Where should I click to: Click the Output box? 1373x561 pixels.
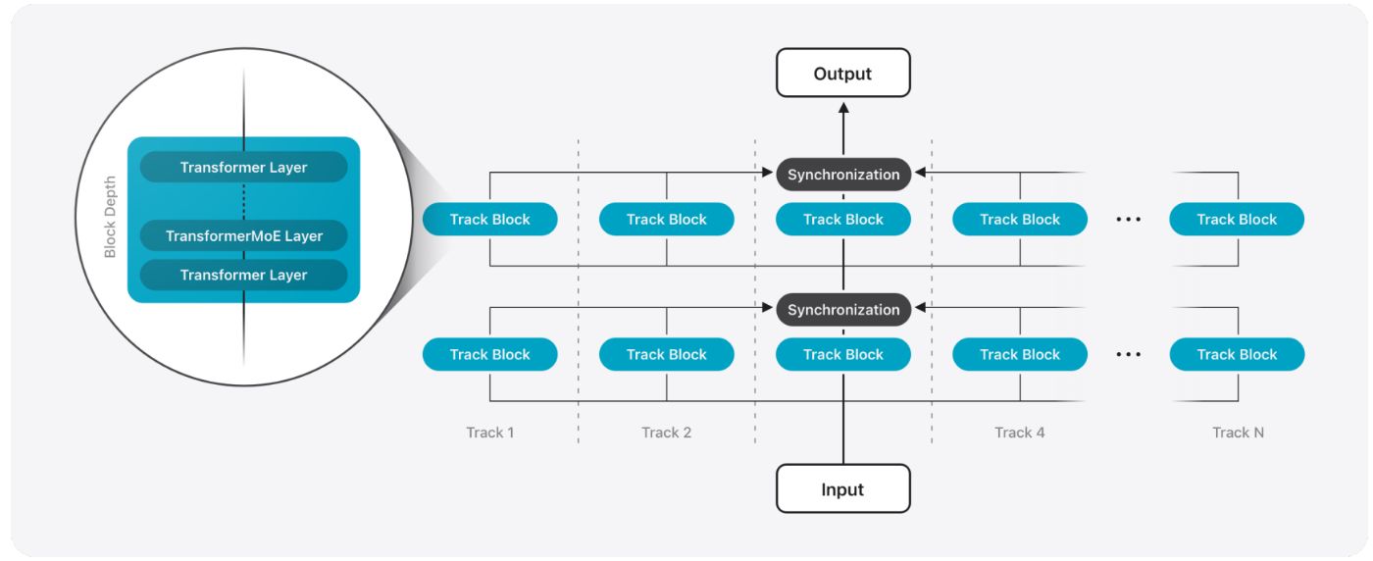coord(842,74)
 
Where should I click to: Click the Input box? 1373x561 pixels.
coord(842,488)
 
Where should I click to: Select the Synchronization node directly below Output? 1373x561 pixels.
coord(843,175)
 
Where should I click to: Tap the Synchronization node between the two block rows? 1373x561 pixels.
coord(843,310)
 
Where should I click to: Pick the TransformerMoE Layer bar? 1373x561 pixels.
coord(243,236)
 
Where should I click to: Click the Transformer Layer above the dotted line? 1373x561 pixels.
coord(243,168)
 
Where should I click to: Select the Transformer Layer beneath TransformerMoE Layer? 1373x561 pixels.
coord(243,276)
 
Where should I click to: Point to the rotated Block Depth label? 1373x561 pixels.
coord(110,218)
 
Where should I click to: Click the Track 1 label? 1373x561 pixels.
coord(490,433)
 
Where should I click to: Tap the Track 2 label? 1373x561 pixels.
coord(667,433)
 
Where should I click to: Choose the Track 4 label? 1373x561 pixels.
coord(1020,433)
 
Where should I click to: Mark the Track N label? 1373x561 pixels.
coord(1238,433)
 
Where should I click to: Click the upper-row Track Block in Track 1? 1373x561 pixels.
coord(490,220)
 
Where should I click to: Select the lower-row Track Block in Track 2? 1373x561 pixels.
coord(667,355)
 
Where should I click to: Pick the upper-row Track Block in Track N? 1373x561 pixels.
coord(1237,220)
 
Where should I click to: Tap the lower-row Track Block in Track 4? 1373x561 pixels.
coord(1020,355)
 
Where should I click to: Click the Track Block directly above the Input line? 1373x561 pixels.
coord(843,355)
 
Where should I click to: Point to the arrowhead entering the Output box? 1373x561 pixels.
coord(843,105)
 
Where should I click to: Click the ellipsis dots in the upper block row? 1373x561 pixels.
coord(1129,220)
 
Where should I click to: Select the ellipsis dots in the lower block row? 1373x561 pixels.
coord(1129,355)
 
